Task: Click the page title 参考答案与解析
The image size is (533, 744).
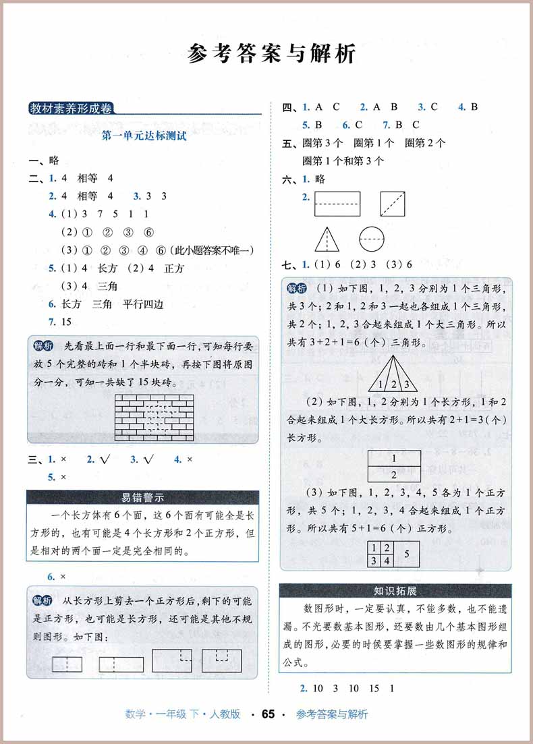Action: click(x=271, y=54)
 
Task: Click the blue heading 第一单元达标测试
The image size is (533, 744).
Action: click(x=143, y=136)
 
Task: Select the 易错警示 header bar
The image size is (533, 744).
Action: click(x=143, y=498)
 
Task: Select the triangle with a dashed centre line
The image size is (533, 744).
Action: click(x=327, y=238)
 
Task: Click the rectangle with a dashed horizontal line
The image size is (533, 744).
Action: click(x=337, y=204)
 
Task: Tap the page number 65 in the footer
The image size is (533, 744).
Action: click(x=268, y=714)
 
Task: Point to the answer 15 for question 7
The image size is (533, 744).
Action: click(x=66, y=322)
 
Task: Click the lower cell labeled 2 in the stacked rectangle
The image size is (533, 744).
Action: click(x=394, y=475)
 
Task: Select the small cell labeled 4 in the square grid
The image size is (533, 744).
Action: click(x=387, y=559)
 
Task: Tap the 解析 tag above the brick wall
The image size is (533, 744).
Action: click(x=44, y=345)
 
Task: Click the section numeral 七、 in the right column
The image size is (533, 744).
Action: click(x=289, y=264)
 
